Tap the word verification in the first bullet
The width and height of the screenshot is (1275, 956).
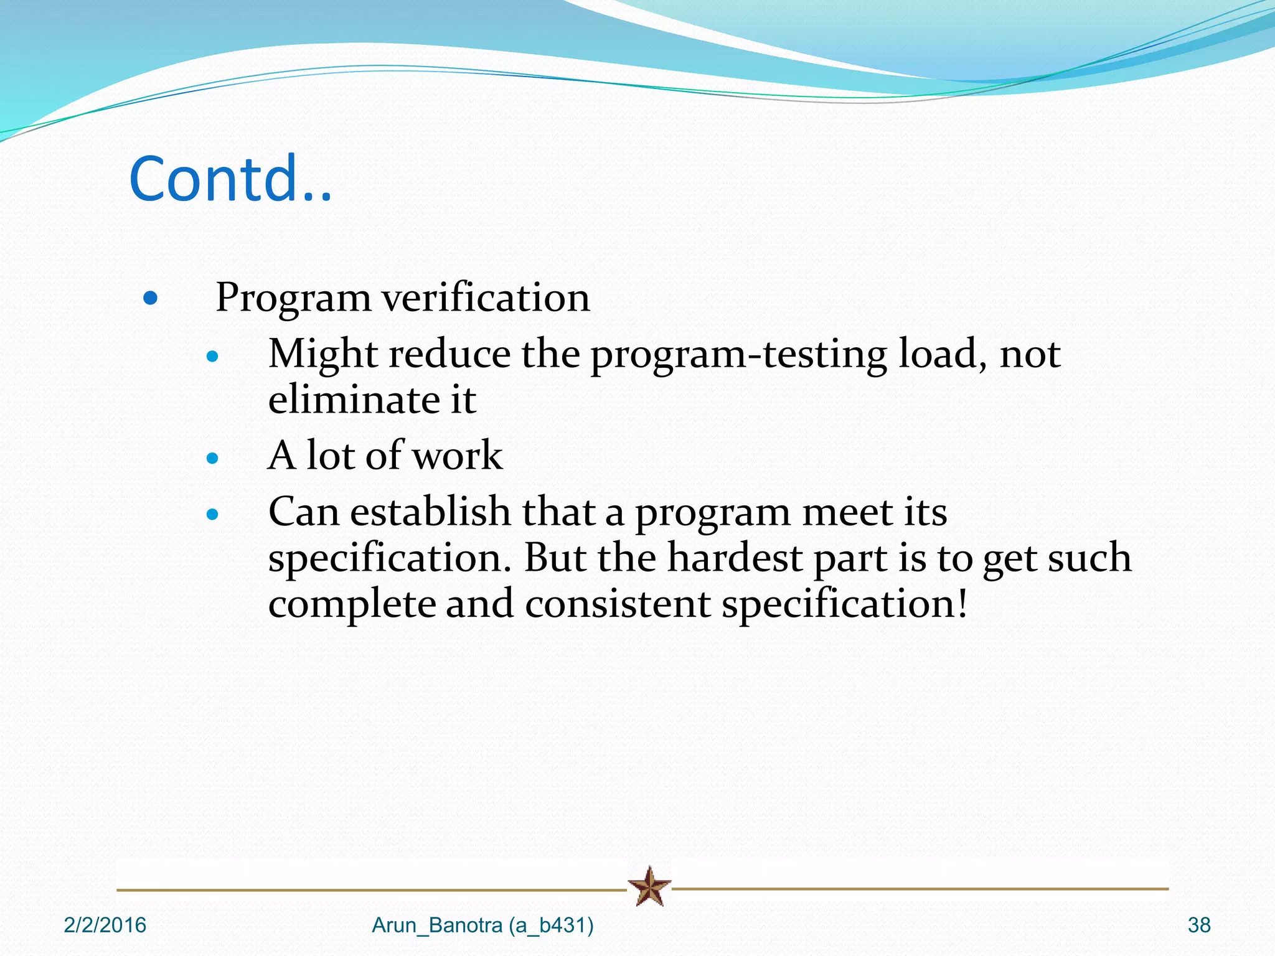pos(486,298)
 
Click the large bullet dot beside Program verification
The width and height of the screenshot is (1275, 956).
pos(150,298)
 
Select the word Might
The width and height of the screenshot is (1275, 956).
pos(322,354)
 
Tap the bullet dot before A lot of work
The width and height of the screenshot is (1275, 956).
pos(213,459)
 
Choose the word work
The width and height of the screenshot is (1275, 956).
pos(458,456)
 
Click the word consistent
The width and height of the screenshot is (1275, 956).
pos(618,604)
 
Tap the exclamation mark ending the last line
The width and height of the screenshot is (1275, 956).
pos(962,602)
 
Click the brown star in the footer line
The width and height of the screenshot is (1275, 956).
pos(649,886)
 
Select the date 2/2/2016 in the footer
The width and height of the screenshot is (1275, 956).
pos(105,926)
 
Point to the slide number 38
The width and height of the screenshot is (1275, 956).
pos(1199,926)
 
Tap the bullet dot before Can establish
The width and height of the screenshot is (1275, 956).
pos(213,515)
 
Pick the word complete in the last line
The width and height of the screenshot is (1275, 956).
pos(352,605)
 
